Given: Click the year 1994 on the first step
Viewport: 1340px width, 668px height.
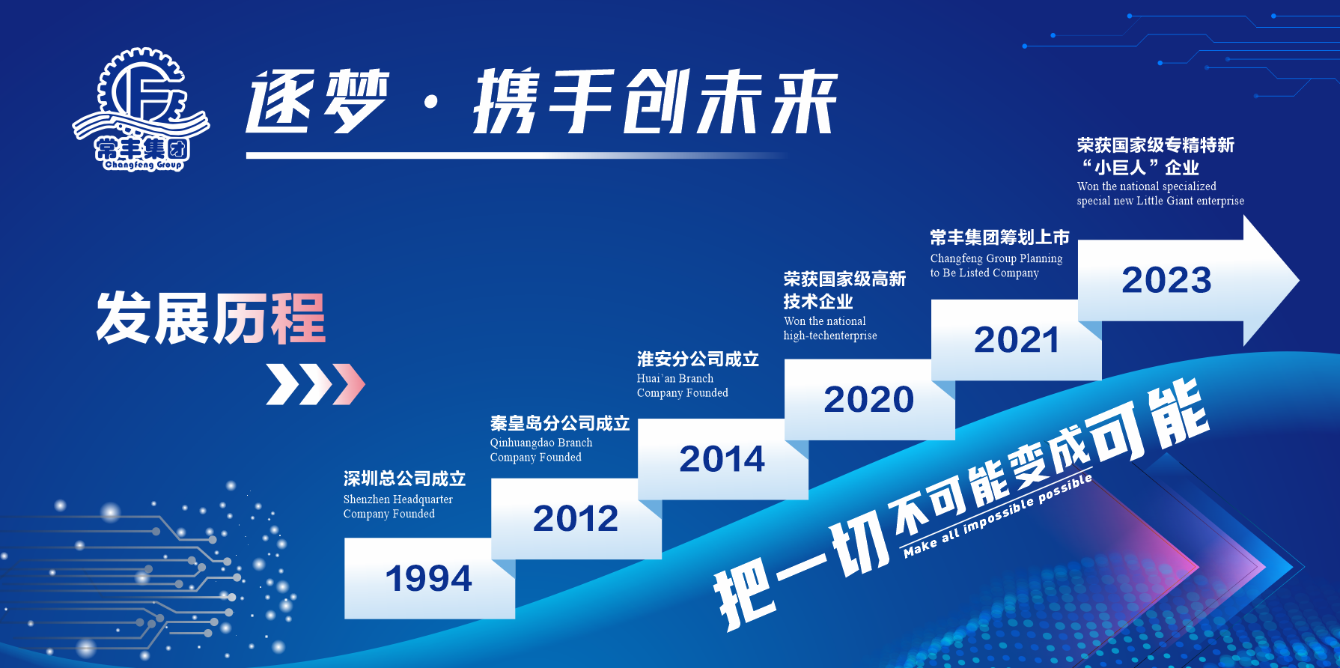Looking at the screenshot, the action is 429,578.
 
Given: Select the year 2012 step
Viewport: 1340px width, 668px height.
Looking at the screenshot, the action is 576,518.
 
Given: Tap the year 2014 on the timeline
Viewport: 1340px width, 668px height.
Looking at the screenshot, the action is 722,458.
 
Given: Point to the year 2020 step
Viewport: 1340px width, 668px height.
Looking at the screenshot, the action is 869,399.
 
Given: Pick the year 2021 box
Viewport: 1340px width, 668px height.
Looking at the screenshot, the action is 1016,340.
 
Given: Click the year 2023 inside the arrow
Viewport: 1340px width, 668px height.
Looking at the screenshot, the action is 1166,280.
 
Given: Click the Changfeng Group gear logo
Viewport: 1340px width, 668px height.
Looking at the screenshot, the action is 141,110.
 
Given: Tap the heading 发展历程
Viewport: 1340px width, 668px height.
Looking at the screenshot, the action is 211,318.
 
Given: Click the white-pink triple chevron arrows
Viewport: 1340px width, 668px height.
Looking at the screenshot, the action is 315,384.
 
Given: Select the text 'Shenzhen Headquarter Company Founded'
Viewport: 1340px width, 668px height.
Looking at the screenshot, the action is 398,506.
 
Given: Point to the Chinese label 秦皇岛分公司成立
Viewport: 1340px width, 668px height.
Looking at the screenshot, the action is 560,423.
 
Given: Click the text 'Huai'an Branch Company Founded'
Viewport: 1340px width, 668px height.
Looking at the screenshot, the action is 683,386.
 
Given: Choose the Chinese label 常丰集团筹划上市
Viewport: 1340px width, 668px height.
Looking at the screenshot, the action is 999,237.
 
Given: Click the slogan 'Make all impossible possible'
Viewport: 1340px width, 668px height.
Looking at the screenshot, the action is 998,515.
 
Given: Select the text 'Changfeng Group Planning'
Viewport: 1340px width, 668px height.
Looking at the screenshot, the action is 996,258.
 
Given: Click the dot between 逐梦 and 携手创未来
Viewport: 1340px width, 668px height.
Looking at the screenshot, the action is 430,102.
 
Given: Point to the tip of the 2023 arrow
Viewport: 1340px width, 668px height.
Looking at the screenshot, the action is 1299,281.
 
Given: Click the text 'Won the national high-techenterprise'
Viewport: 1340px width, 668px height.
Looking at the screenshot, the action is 830,328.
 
